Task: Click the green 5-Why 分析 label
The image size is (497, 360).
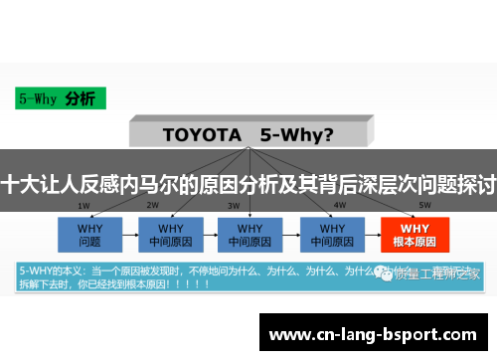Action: [x=57, y=98]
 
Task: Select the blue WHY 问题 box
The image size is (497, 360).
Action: [x=89, y=233]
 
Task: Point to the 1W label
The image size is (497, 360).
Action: [x=84, y=206]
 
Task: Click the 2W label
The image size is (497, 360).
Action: [x=153, y=206]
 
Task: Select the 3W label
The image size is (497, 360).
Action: [x=233, y=206]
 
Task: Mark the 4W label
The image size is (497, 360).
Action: [x=312, y=206]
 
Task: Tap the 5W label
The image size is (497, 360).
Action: [x=397, y=206]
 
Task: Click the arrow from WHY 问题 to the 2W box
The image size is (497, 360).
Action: [x=129, y=233]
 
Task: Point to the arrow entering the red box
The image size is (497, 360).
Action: [x=371, y=233]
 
